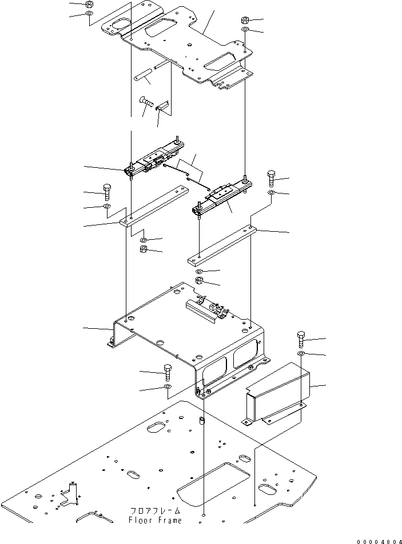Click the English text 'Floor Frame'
click(155, 521)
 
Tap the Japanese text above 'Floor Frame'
click(155, 512)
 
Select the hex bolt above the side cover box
click(301, 340)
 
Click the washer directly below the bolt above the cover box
click(301, 355)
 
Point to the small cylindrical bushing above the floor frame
click(202, 423)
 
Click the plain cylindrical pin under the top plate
click(143, 75)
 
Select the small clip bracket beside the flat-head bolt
click(164, 106)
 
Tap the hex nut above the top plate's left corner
click(89, 5)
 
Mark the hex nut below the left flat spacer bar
click(144, 250)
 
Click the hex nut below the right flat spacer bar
click(200, 281)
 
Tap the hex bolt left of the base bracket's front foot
click(168, 372)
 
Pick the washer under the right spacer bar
click(199, 270)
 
